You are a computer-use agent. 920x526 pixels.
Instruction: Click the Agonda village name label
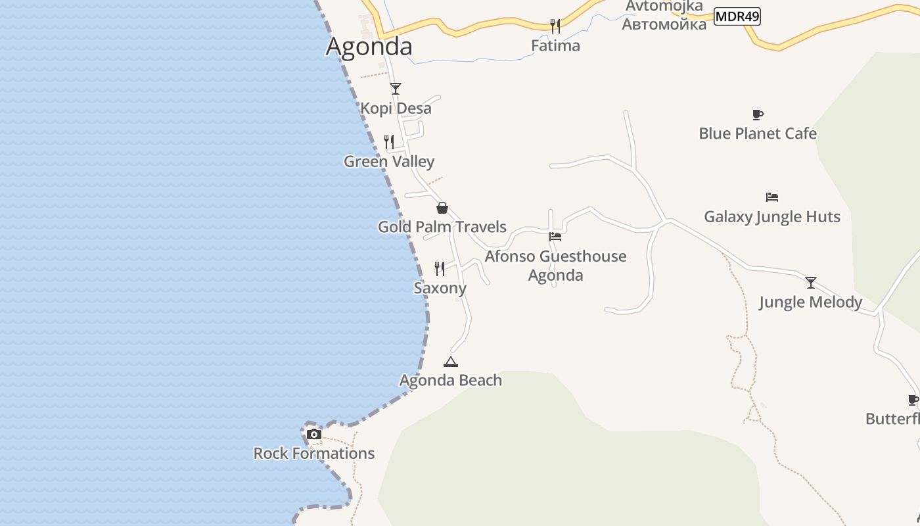tap(369, 47)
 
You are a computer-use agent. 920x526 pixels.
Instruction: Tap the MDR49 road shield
tap(737, 16)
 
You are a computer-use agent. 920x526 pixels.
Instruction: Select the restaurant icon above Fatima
tap(555, 26)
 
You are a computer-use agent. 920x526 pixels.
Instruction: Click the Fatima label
tap(555, 45)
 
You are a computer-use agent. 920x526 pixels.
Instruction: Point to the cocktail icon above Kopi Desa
tap(395, 89)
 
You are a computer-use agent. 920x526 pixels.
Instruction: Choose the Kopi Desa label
tap(396, 108)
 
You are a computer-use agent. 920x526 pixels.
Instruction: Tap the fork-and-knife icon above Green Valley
tap(389, 142)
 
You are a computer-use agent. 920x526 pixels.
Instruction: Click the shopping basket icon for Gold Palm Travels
tap(442, 208)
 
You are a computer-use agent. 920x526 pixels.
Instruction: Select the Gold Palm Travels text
tap(442, 227)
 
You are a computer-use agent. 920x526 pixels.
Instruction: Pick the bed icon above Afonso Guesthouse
tap(555, 237)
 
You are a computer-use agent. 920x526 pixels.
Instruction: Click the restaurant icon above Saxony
tap(440, 268)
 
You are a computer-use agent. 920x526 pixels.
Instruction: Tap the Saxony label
tap(440, 288)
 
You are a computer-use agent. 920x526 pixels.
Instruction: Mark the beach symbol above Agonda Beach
tap(450, 362)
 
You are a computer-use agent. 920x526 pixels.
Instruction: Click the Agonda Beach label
tap(450, 380)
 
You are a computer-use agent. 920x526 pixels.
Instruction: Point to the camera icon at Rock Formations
tap(314, 434)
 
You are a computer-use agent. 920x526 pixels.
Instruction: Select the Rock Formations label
tap(314, 453)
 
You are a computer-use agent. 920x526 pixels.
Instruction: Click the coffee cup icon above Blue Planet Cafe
tap(758, 114)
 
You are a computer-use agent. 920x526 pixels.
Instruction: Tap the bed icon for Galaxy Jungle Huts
tap(772, 197)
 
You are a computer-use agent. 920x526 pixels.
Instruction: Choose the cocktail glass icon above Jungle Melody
tap(811, 283)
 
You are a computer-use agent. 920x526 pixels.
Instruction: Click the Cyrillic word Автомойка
tap(664, 24)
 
